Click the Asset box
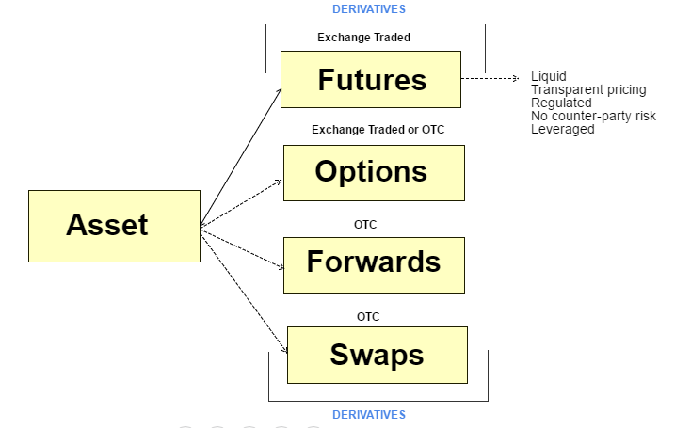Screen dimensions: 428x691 (x=114, y=226)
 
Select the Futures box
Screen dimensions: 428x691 (x=371, y=80)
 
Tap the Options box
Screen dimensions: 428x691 (x=374, y=172)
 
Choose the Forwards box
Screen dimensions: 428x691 (x=374, y=262)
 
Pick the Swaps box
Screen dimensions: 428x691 (x=377, y=355)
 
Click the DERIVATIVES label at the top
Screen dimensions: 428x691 (x=369, y=9)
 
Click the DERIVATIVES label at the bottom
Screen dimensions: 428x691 (x=369, y=414)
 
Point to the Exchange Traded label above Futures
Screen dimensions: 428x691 (x=363, y=39)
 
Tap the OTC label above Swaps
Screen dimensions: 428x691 (x=368, y=316)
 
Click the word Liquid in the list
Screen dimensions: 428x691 (x=549, y=76)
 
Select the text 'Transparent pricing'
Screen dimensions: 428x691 (x=588, y=89)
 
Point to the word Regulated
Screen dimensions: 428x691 (x=561, y=103)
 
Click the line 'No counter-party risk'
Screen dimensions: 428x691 (x=593, y=116)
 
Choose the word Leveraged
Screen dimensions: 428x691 (x=562, y=129)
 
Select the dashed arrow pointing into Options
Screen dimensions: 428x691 (x=243, y=203)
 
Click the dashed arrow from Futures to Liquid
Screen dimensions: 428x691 (x=490, y=78)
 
